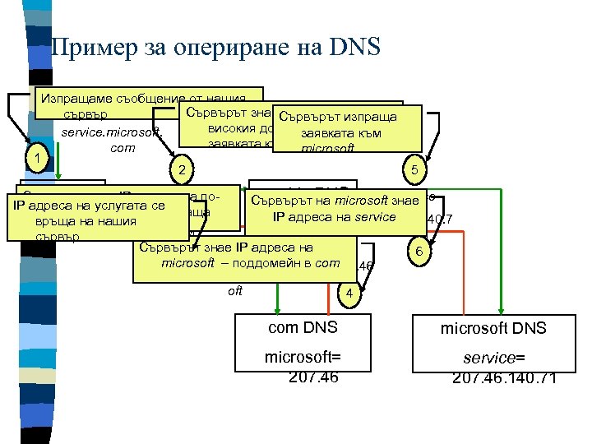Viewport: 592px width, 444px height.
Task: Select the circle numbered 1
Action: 34,156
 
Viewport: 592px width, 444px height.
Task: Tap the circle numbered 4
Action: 350,294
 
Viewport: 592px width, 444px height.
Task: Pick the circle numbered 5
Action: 414,170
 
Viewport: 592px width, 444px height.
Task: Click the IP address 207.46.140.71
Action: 504,377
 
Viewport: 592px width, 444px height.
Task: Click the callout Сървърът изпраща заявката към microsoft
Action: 346,129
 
